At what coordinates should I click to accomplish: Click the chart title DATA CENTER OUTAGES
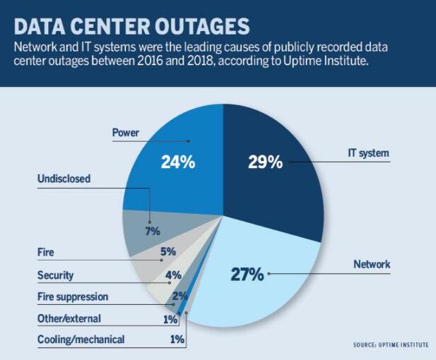(131, 27)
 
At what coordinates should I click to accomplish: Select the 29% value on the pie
(265, 162)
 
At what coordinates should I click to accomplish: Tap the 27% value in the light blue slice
(247, 274)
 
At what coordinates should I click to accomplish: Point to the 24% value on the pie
(177, 162)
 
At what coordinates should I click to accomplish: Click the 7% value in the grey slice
(153, 231)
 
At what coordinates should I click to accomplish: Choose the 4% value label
(173, 275)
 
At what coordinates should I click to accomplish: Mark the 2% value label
(179, 296)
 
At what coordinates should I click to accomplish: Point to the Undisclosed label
(64, 179)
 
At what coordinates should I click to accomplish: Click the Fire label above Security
(45, 252)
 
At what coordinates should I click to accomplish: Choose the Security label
(55, 275)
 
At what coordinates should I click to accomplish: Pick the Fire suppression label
(73, 296)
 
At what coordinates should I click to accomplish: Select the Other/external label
(69, 318)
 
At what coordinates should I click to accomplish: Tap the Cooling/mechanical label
(81, 340)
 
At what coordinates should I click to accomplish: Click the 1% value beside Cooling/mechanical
(177, 340)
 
